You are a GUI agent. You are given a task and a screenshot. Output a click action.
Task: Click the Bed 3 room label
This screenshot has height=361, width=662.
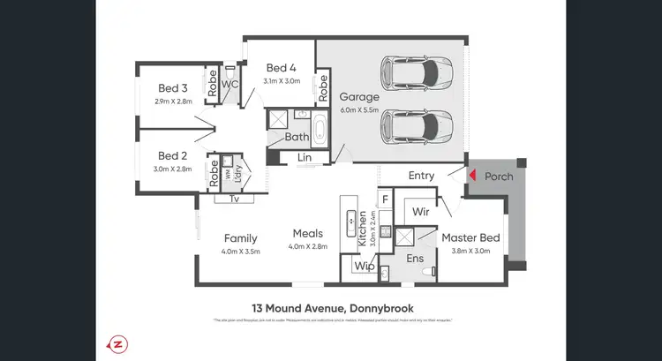pyautogui.click(x=173, y=88)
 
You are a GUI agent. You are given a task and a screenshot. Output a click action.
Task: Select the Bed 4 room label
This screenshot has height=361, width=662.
pyautogui.click(x=281, y=68)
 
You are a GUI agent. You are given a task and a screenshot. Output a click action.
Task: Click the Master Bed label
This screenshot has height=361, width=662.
pyautogui.click(x=470, y=237)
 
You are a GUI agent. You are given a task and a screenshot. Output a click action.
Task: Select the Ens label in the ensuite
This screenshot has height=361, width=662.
pyautogui.click(x=416, y=259)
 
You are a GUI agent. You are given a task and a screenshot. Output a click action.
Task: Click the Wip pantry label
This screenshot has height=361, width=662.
pyautogui.click(x=364, y=265)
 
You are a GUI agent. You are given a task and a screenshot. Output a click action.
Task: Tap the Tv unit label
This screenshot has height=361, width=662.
pyautogui.click(x=234, y=199)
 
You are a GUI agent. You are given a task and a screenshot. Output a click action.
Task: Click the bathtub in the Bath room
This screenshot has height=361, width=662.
pyautogui.click(x=319, y=129)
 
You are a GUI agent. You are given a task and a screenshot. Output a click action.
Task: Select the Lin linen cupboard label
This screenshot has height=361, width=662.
pyautogui.click(x=305, y=157)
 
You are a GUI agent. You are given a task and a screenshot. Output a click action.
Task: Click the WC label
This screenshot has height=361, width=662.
pyautogui.click(x=229, y=85)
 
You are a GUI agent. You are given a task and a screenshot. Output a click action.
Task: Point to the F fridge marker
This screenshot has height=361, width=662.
pyautogui.click(x=385, y=201)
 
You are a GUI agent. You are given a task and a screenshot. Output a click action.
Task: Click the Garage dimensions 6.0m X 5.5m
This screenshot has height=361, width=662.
pyautogui.click(x=361, y=110)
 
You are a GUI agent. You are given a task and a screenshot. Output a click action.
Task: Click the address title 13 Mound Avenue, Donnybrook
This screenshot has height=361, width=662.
pyautogui.click(x=330, y=308)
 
